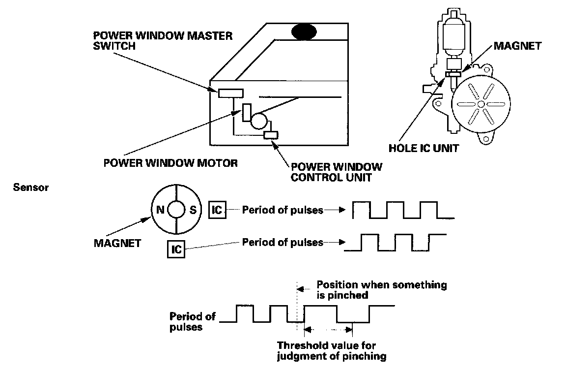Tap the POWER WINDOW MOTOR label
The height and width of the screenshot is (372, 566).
click(170, 163)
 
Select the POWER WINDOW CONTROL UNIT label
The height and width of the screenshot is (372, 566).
click(336, 172)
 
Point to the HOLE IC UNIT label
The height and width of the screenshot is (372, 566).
click(423, 148)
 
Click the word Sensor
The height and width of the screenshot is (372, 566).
click(30, 187)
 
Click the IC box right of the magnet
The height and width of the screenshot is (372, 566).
click(217, 210)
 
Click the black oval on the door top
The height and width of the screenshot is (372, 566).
click(305, 32)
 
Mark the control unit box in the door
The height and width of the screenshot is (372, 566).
click(271, 135)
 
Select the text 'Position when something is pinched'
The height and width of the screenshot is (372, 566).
click(381, 289)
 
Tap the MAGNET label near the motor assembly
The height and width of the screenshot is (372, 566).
click(517, 46)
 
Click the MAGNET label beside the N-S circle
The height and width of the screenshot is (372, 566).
click(117, 243)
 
